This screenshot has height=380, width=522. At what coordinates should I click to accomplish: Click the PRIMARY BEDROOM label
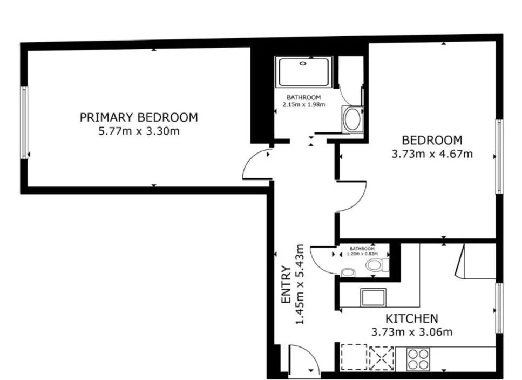139,117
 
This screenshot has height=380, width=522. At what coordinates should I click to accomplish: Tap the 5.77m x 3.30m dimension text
139,131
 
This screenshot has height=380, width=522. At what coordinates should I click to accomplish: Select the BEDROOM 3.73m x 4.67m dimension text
432,154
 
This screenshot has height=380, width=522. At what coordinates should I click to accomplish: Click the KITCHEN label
411,319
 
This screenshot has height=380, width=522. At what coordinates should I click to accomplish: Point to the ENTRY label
286,284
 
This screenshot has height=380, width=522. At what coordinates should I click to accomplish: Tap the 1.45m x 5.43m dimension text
300,284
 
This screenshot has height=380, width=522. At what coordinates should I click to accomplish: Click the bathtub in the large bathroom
303,72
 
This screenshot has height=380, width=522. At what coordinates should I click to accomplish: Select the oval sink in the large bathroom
352,119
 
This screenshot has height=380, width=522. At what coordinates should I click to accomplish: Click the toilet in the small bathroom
377,265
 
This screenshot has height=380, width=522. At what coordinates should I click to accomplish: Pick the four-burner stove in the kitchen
418,359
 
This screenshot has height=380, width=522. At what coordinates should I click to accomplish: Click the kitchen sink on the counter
374,298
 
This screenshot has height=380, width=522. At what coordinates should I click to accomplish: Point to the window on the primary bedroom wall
24,123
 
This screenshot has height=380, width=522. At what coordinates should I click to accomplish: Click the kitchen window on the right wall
499,308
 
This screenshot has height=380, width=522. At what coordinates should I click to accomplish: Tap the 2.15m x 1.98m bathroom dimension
303,105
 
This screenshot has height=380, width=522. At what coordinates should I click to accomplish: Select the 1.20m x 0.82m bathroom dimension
362,254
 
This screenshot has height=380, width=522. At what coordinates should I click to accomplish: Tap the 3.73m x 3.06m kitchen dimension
412,332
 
